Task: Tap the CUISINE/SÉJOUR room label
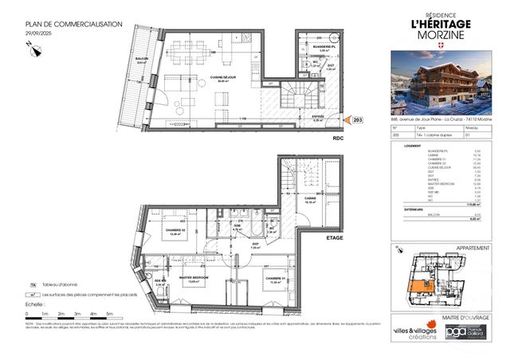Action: pos(221,76)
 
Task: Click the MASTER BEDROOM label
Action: pos(196,279)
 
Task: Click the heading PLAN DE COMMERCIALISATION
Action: pos(73,25)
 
